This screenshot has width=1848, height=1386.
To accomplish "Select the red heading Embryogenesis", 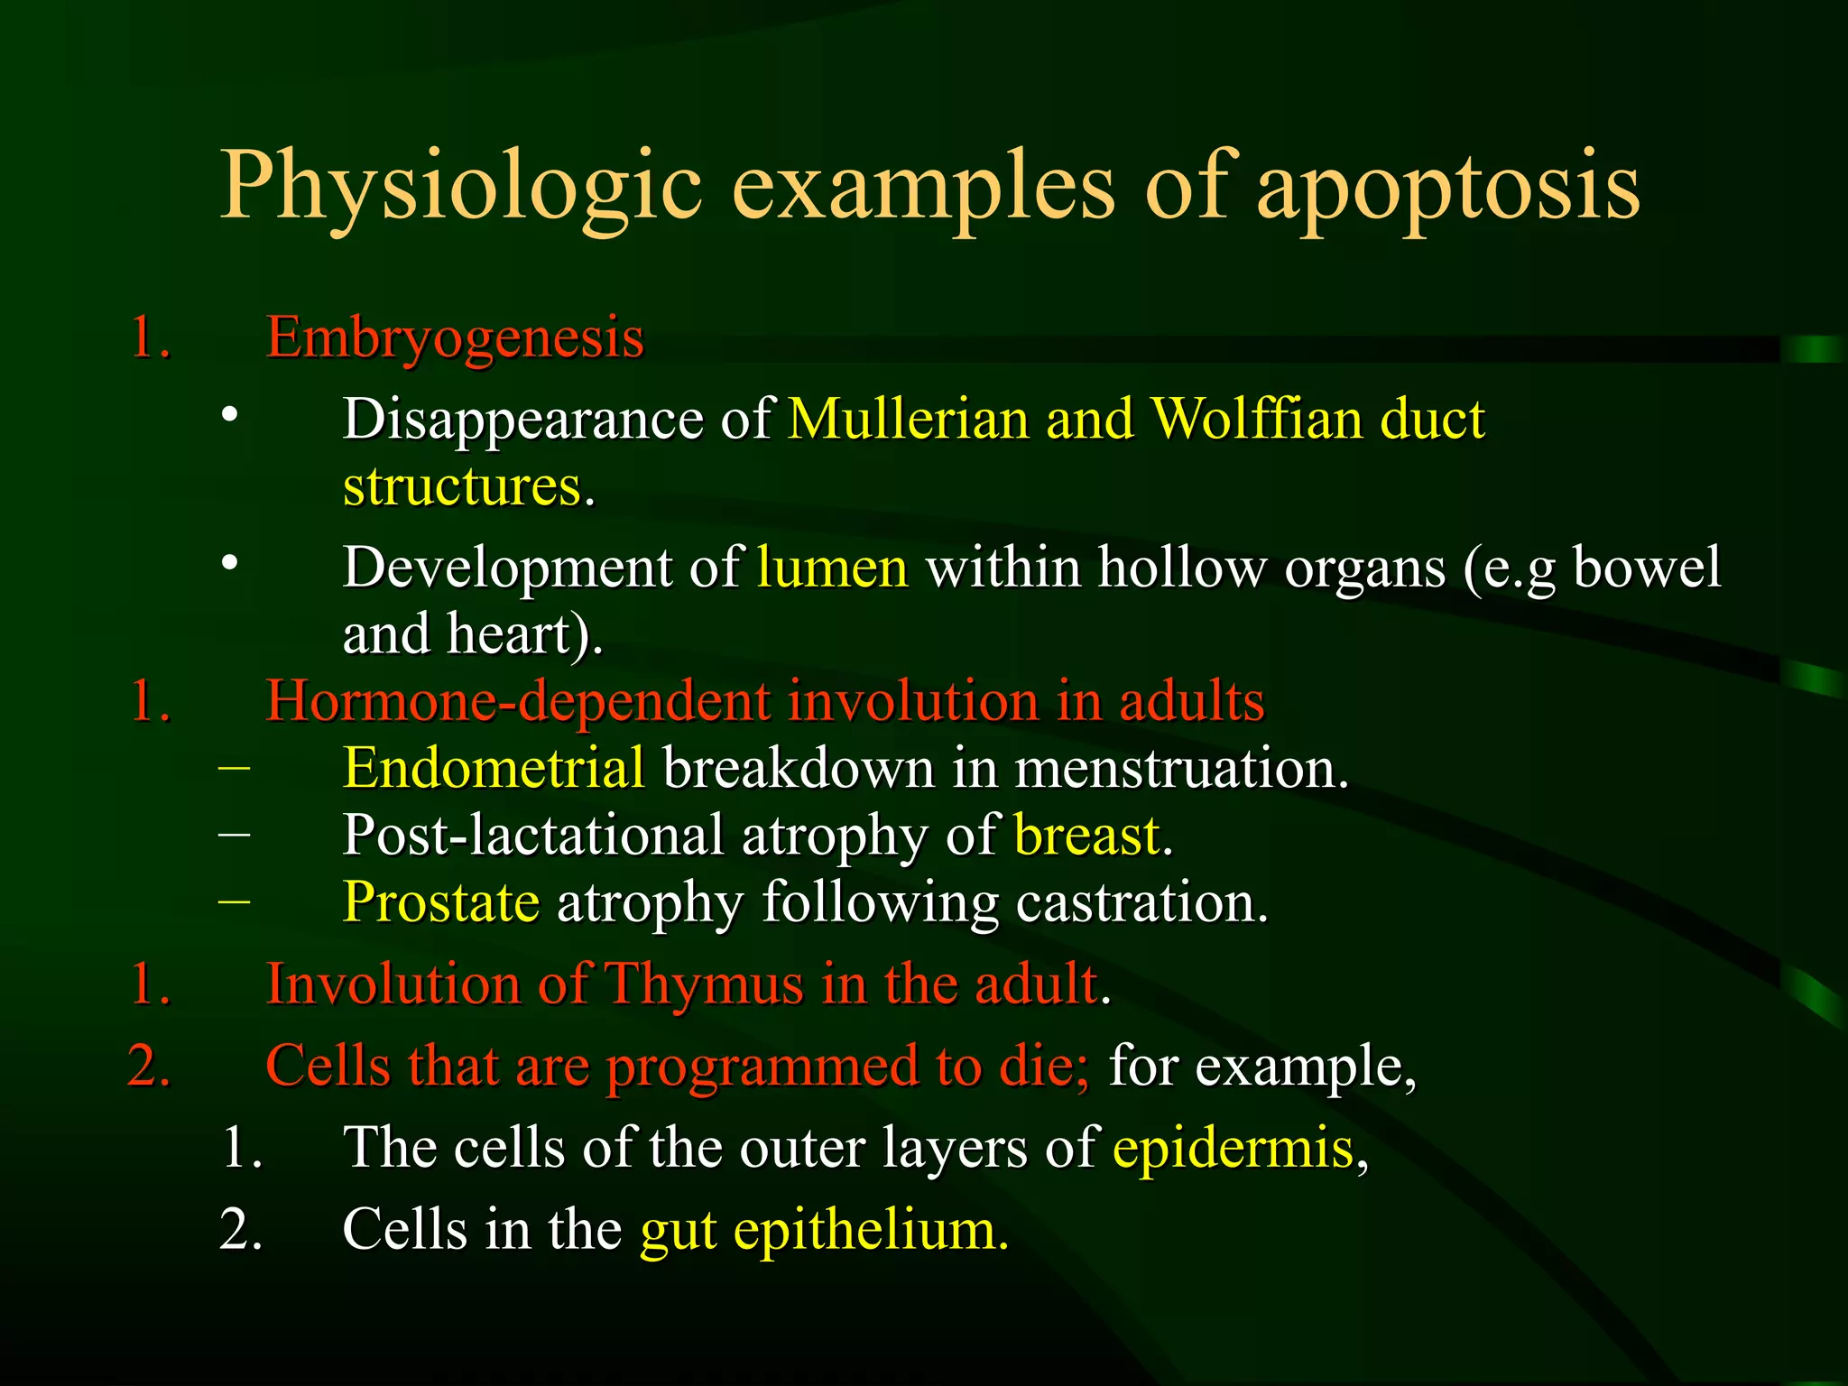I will click(x=455, y=337).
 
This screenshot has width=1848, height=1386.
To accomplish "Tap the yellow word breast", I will click(x=1087, y=835).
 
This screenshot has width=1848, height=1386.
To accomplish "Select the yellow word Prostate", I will click(x=441, y=901).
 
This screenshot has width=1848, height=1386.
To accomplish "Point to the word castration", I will click(x=1141, y=901).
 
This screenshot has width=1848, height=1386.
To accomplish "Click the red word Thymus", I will click(x=703, y=983).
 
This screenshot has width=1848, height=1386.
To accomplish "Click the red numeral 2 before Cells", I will click(x=149, y=1066).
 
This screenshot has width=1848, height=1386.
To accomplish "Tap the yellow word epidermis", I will click(x=1234, y=1148).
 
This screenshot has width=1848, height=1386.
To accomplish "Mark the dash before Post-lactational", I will click(x=235, y=833).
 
